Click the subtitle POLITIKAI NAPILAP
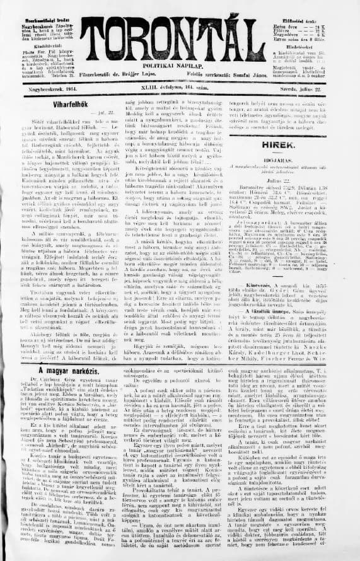[180, 65]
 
